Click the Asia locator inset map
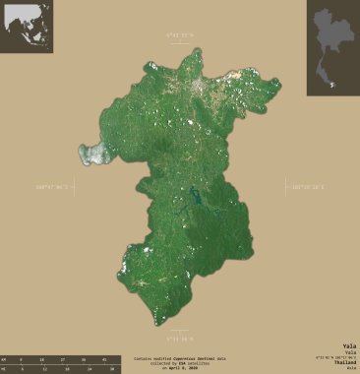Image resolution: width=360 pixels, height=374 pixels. click(x=27, y=27)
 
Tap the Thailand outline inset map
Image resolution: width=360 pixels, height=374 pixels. click(x=332, y=47)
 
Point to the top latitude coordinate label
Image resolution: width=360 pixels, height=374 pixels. click(x=180, y=35)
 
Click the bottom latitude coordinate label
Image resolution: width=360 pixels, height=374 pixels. click(x=180, y=336)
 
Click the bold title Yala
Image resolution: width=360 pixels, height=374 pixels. click(x=349, y=345)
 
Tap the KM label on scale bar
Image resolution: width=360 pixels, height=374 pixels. click(x=4, y=358)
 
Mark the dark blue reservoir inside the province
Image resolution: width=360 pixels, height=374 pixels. click(x=196, y=199)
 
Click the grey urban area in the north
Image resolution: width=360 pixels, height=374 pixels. click(x=203, y=91)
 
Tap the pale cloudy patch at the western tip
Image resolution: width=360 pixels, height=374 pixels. click(x=93, y=153)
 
